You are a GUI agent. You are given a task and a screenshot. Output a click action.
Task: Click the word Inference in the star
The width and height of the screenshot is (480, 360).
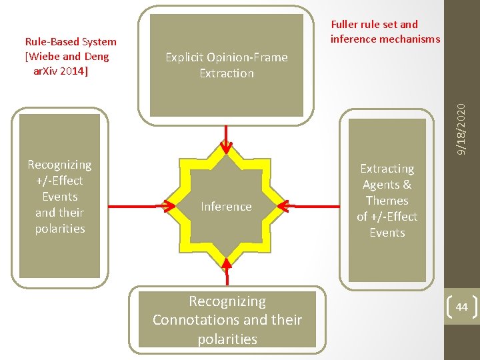(x=226, y=207)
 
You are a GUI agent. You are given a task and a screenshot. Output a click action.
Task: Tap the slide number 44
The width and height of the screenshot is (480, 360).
(x=461, y=307)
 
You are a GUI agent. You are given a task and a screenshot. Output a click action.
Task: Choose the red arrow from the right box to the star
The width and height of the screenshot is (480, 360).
(x=313, y=207)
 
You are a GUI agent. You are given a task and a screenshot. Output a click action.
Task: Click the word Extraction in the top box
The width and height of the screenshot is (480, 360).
(x=227, y=73)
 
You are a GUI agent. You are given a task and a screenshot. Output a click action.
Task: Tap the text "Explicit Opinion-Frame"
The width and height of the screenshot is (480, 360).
(x=227, y=57)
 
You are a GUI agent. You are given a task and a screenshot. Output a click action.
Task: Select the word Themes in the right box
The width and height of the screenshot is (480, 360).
(x=387, y=201)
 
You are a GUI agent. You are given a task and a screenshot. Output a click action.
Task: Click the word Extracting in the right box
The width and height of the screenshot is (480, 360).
(x=387, y=169)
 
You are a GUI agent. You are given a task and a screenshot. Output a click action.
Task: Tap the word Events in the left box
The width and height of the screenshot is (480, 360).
(x=60, y=197)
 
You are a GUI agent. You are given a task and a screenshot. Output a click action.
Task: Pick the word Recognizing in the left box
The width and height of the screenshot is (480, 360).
(x=60, y=165)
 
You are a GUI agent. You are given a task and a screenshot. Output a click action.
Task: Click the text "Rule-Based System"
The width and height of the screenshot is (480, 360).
(x=71, y=42)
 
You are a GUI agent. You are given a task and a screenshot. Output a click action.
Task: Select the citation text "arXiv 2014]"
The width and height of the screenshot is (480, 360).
(x=61, y=70)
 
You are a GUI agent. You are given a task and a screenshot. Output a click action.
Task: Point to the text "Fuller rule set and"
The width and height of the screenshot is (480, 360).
(x=374, y=25)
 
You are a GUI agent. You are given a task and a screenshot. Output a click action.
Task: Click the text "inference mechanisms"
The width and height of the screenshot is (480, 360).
(x=385, y=39)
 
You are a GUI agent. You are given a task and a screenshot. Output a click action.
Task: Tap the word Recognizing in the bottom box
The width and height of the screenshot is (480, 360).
(x=227, y=301)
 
